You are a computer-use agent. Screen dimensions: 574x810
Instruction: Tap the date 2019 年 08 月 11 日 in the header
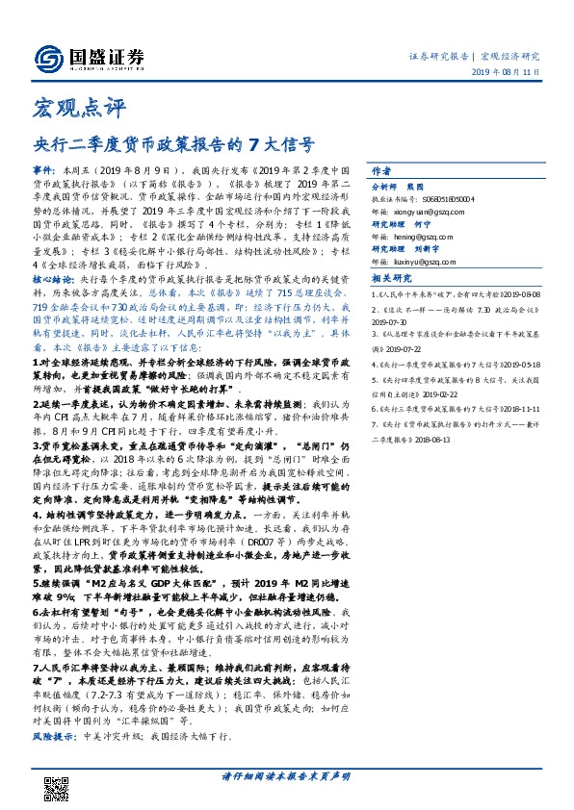pyautogui.click(x=514, y=79)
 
